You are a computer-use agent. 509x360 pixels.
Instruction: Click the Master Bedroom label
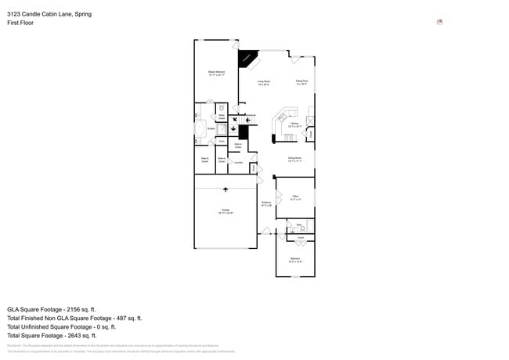click(x=216, y=73)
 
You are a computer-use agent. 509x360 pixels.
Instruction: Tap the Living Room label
click(x=264, y=82)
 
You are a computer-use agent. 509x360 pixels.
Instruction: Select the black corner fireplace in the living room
click(x=247, y=59)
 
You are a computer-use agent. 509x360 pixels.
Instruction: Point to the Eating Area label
click(x=301, y=81)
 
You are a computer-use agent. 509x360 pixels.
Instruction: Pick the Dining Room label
click(x=294, y=159)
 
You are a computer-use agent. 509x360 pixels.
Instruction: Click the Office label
click(x=295, y=197)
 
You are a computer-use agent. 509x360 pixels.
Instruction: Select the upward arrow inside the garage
click(x=226, y=189)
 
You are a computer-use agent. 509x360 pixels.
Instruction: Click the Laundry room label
click(x=238, y=163)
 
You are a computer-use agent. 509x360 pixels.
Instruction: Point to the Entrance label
click(x=266, y=203)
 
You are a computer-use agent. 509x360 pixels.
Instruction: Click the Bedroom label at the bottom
click(x=295, y=259)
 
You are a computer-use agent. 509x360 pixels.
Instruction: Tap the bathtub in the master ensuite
click(x=200, y=128)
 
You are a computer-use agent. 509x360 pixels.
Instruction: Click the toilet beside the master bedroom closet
click(x=222, y=108)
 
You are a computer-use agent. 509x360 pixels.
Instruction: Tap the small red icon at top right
click(x=439, y=22)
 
